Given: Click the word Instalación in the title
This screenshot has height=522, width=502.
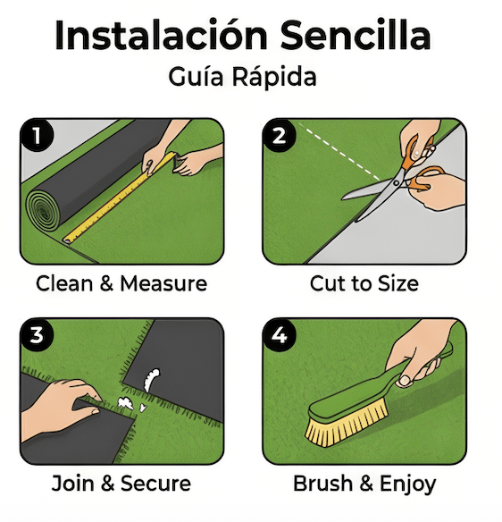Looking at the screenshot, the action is [x=161, y=35].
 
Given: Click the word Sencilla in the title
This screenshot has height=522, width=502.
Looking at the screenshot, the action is [x=356, y=35].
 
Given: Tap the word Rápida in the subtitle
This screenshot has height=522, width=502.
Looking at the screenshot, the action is [x=274, y=77].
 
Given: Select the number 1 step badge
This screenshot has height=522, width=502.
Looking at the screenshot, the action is [x=37, y=136].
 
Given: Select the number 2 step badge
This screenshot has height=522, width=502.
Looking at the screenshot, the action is [x=279, y=136].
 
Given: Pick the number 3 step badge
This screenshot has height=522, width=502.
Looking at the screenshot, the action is [x=37, y=335].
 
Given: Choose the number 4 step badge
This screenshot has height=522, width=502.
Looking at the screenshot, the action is [x=279, y=335].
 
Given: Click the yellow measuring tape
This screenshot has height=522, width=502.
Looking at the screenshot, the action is [x=120, y=198].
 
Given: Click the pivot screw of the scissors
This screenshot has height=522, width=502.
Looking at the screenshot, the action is [x=396, y=182].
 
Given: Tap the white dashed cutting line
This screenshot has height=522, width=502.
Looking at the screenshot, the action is [x=339, y=152].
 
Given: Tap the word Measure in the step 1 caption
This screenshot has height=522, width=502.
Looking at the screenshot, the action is [x=163, y=283].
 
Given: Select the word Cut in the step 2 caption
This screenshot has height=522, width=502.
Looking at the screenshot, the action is [x=324, y=283].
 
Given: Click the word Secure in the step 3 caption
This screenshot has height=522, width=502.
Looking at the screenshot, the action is [x=155, y=484].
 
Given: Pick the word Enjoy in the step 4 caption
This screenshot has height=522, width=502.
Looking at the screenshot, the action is [x=408, y=484].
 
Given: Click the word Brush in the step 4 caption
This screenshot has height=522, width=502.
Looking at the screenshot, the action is [x=322, y=484].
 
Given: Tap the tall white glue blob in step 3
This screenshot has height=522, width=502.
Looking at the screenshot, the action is [x=152, y=379].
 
